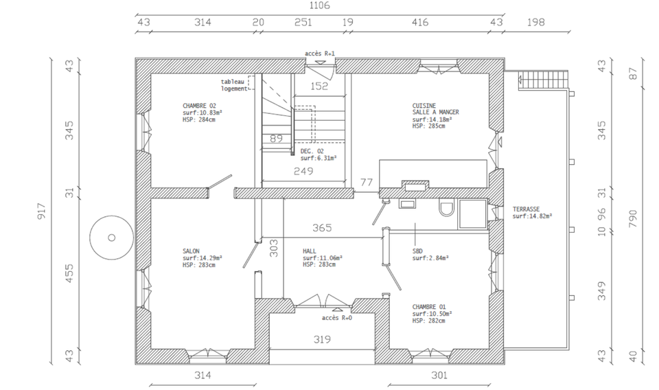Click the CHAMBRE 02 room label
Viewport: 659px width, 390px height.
click(x=199, y=106)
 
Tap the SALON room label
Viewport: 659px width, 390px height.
click(x=191, y=251)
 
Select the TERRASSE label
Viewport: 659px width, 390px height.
click(x=526, y=209)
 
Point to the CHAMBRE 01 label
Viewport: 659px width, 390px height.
click(x=429, y=307)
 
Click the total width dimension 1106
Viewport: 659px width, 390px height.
click(x=319, y=5)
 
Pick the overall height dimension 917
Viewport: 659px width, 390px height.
click(x=41, y=211)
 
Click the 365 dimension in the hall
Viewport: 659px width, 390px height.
click(x=322, y=228)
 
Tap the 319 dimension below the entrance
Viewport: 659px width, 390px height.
click(x=322, y=339)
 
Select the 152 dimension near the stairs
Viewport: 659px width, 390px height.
click(x=319, y=86)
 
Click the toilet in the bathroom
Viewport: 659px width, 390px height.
click(x=446, y=207)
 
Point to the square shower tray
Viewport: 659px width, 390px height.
click(x=473, y=214)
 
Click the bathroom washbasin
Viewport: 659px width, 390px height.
click(x=407, y=204)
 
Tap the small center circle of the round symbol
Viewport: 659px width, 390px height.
click(x=112, y=238)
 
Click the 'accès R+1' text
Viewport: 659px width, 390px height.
click(x=320, y=54)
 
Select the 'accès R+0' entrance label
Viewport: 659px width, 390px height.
click(x=337, y=318)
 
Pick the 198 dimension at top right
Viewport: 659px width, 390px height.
click(x=536, y=22)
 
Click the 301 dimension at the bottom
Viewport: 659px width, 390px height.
click(x=439, y=376)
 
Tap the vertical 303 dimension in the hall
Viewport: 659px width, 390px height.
click(x=273, y=248)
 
